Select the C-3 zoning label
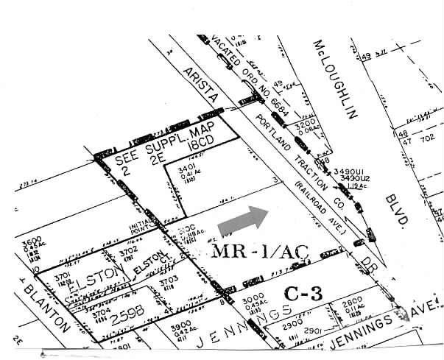click(304, 293)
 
